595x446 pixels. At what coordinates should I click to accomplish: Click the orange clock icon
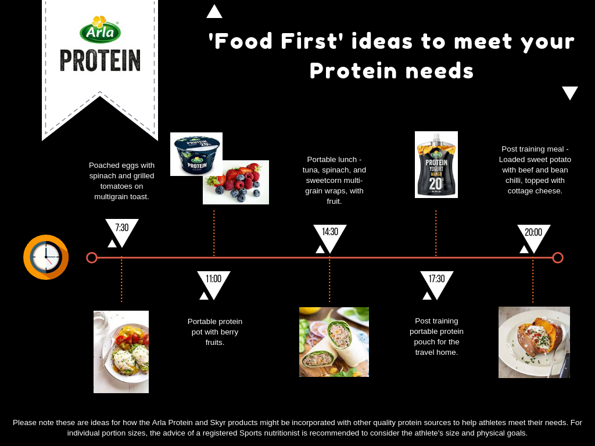[46, 257]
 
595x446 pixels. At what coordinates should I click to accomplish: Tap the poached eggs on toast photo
[121, 351]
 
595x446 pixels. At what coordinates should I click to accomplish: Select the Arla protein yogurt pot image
[196, 154]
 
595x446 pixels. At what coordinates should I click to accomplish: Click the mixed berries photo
[236, 182]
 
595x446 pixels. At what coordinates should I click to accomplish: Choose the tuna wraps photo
[334, 341]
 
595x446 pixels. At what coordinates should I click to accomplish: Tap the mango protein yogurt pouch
[436, 164]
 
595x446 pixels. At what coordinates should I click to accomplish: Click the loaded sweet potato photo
[535, 342]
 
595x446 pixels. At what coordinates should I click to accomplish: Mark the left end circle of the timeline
[92, 258]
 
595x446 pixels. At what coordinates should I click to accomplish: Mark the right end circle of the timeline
[558, 258]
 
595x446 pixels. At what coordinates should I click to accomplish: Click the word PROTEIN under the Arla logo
[100, 60]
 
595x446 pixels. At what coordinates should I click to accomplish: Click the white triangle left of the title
[214, 12]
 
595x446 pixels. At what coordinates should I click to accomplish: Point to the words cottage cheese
[535, 190]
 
